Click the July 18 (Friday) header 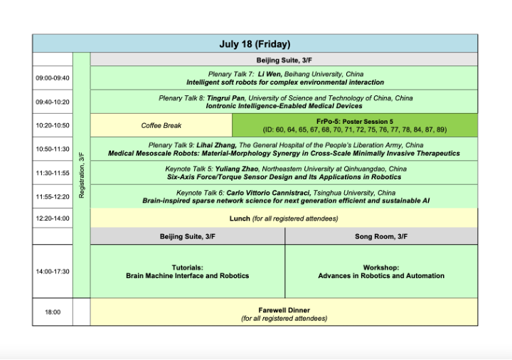click(x=254, y=44)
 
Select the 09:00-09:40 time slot click(x=53, y=78)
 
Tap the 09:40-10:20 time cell click(x=53, y=102)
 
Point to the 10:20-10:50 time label click(x=53, y=125)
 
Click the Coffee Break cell click(x=161, y=125)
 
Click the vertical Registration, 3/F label click(x=82, y=174)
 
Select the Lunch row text click(x=283, y=218)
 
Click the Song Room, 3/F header click(x=381, y=236)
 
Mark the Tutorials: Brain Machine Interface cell click(x=188, y=271)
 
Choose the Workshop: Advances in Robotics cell click(x=381, y=271)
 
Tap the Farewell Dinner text click(x=284, y=310)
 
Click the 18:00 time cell click(x=53, y=312)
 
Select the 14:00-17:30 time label click(x=53, y=271)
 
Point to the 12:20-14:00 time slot click(x=53, y=218)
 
